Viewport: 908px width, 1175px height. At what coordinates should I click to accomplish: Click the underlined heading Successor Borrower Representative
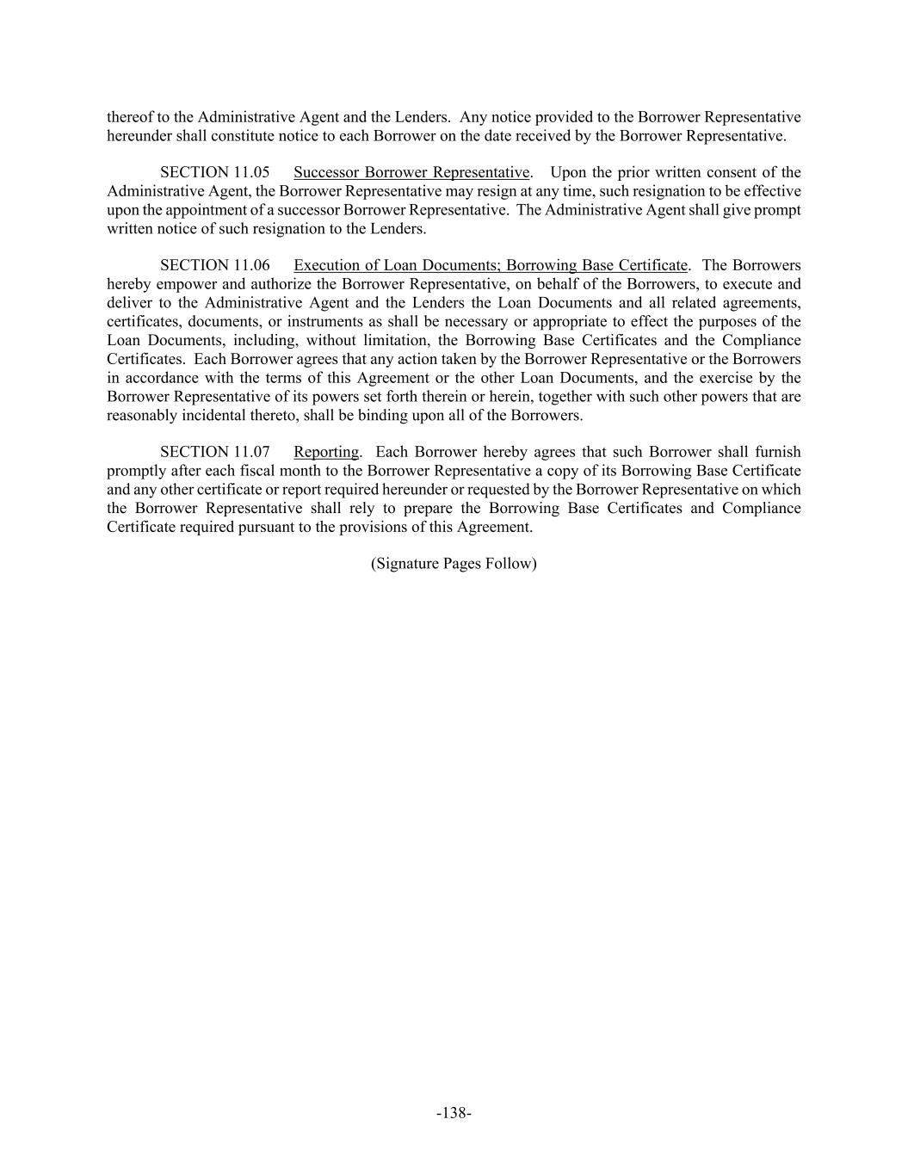(411, 172)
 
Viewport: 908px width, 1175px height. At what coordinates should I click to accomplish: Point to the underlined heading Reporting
(326, 452)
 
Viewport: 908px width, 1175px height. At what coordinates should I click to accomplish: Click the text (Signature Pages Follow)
(454, 564)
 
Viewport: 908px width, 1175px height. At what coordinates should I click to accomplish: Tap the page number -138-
(454, 1113)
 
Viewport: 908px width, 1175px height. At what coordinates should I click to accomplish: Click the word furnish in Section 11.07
(777, 452)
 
